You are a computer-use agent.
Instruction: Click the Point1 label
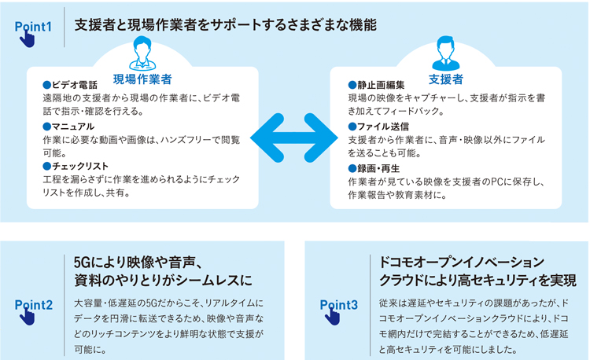pos(33,27)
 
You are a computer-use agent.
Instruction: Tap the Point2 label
pos(34,305)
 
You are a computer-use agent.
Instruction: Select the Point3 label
pos(338,305)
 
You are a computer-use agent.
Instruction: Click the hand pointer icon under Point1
pos(27,39)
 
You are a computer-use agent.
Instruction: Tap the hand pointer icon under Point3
pos(332,317)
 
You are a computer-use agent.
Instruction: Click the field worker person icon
pos(142,53)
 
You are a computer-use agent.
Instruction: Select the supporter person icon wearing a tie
pos(446,53)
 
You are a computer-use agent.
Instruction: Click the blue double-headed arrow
pos(294,138)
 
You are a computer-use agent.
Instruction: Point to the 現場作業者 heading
pos(142,79)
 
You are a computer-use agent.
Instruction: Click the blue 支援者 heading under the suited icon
pos(446,79)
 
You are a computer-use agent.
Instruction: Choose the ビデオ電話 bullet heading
pos(70,85)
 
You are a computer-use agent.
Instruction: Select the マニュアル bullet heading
pos(68,127)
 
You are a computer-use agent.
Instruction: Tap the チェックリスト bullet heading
pos(76,166)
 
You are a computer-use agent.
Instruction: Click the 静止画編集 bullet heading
pos(376,85)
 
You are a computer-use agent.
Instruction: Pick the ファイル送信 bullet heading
pos(378,127)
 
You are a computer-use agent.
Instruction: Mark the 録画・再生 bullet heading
pos(374,168)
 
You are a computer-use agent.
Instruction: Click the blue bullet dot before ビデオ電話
pos(46,85)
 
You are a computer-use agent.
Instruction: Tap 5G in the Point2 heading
pos(82,263)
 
